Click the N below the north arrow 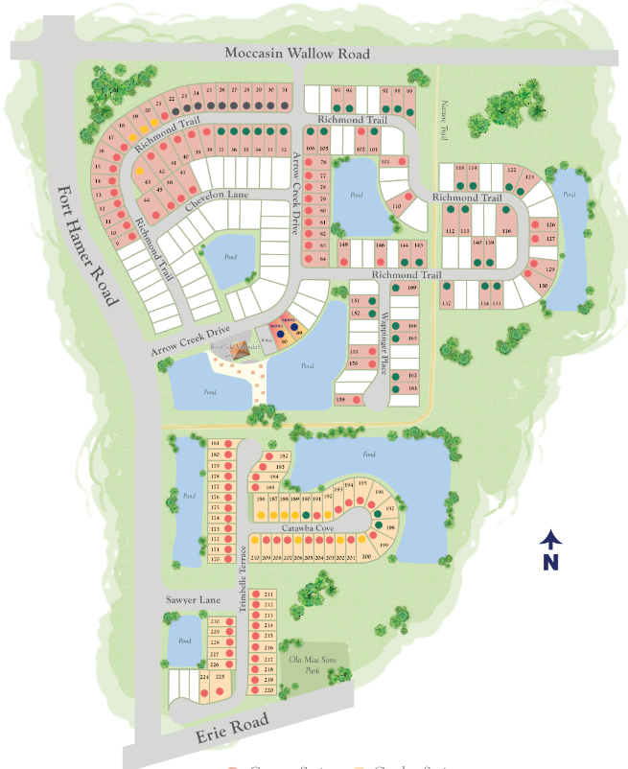[x=549, y=562]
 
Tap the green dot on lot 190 [x=306, y=516]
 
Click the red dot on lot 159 [x=357, y=399]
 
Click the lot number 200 [x=365, y=557]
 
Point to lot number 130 [x=543, y=286]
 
